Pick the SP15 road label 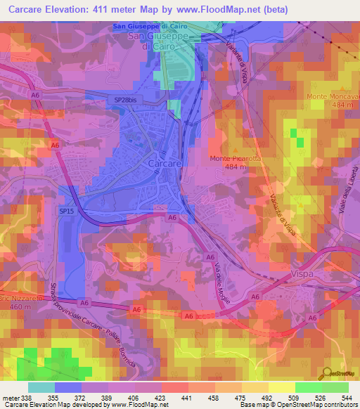tap(67, 210)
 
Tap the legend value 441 tap(187, 397)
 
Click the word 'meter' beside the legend tap(9, 397)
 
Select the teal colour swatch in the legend tap(41, 387)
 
